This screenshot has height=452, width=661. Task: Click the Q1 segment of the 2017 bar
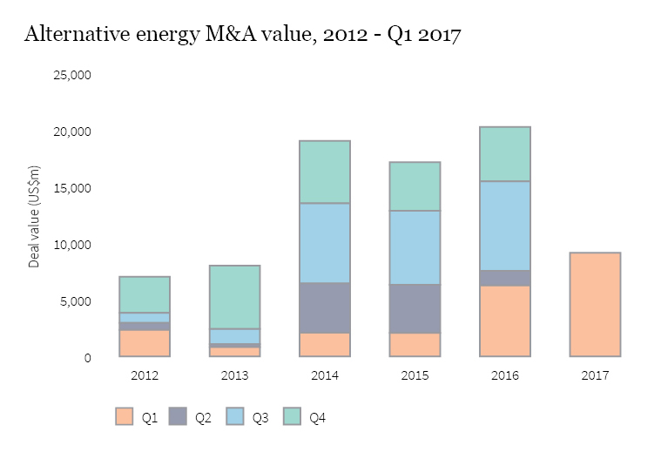(x=595, y=305)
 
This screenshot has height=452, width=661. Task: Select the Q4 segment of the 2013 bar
(x=235, y=297)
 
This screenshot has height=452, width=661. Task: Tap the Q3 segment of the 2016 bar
(x=505, y=226)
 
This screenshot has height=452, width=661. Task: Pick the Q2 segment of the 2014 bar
(x=325, y=307)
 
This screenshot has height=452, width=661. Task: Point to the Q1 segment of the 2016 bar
(x=505, y=321)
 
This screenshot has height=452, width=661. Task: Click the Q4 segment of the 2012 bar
(x=145, y=294)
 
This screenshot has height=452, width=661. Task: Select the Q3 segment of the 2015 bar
(x=415, y=247)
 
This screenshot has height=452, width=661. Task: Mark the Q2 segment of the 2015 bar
(x=415, y=308)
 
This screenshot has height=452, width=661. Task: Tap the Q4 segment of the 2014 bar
(x=325, y=172)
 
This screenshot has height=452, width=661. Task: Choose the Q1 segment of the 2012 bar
(x=145, y=343)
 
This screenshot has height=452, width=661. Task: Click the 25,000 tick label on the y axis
(x=72, y=75)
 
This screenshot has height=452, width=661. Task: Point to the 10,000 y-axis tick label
(x=72, y=245)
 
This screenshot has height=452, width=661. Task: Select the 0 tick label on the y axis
(x=87, y=358)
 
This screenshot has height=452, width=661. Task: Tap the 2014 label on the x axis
(x=325, y=376)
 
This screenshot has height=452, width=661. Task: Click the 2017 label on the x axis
(x=595, y=376)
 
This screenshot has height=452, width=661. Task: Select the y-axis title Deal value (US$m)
(x=35, y=215)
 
